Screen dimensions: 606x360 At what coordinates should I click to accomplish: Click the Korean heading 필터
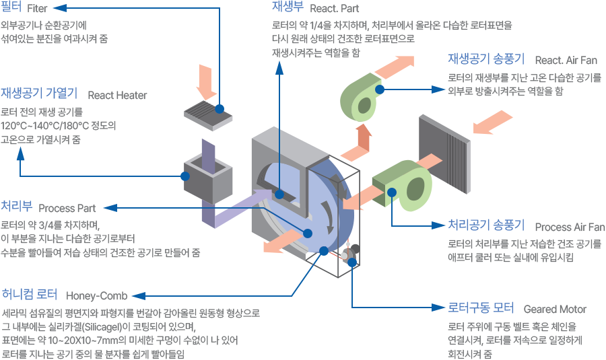pyautogui.click(x=11, y=7)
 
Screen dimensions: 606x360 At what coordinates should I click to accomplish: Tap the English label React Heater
pyautogui.click(x=117, y=95)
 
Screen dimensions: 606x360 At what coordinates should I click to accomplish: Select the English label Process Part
pyautogui.click(x=67, y=208)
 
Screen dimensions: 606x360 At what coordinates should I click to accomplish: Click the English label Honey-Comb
pyautogui.click(x=96, y=296)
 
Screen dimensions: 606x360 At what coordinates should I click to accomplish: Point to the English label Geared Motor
pyautogui.click(x=555, y=310)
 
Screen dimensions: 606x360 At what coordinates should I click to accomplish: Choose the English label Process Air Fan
pyautogui.click(x=570, y=227)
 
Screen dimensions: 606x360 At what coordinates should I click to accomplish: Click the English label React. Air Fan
pyautogui.click(x=566, y=61)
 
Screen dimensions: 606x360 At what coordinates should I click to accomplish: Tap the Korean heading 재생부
pyautogui.click(x=288, y=7)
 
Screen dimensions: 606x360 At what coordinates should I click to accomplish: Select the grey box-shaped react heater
pyautogui.click(x=208, y=178)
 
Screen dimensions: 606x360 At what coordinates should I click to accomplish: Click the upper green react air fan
pyautogui.click(x=361, y=97)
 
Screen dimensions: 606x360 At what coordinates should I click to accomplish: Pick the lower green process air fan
pyautogui.click(x=403, y=186)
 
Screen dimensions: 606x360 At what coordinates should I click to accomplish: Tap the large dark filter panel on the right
pyautogui.click(x=445, y=153)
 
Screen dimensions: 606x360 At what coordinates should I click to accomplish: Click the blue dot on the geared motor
pyautogui.click(x=351, y=262)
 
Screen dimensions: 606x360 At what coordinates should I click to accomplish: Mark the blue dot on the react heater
pyautogui.click(x=185, y=176)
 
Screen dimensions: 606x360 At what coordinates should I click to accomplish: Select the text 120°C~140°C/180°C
pyautogui.click(x=45, y=126)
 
